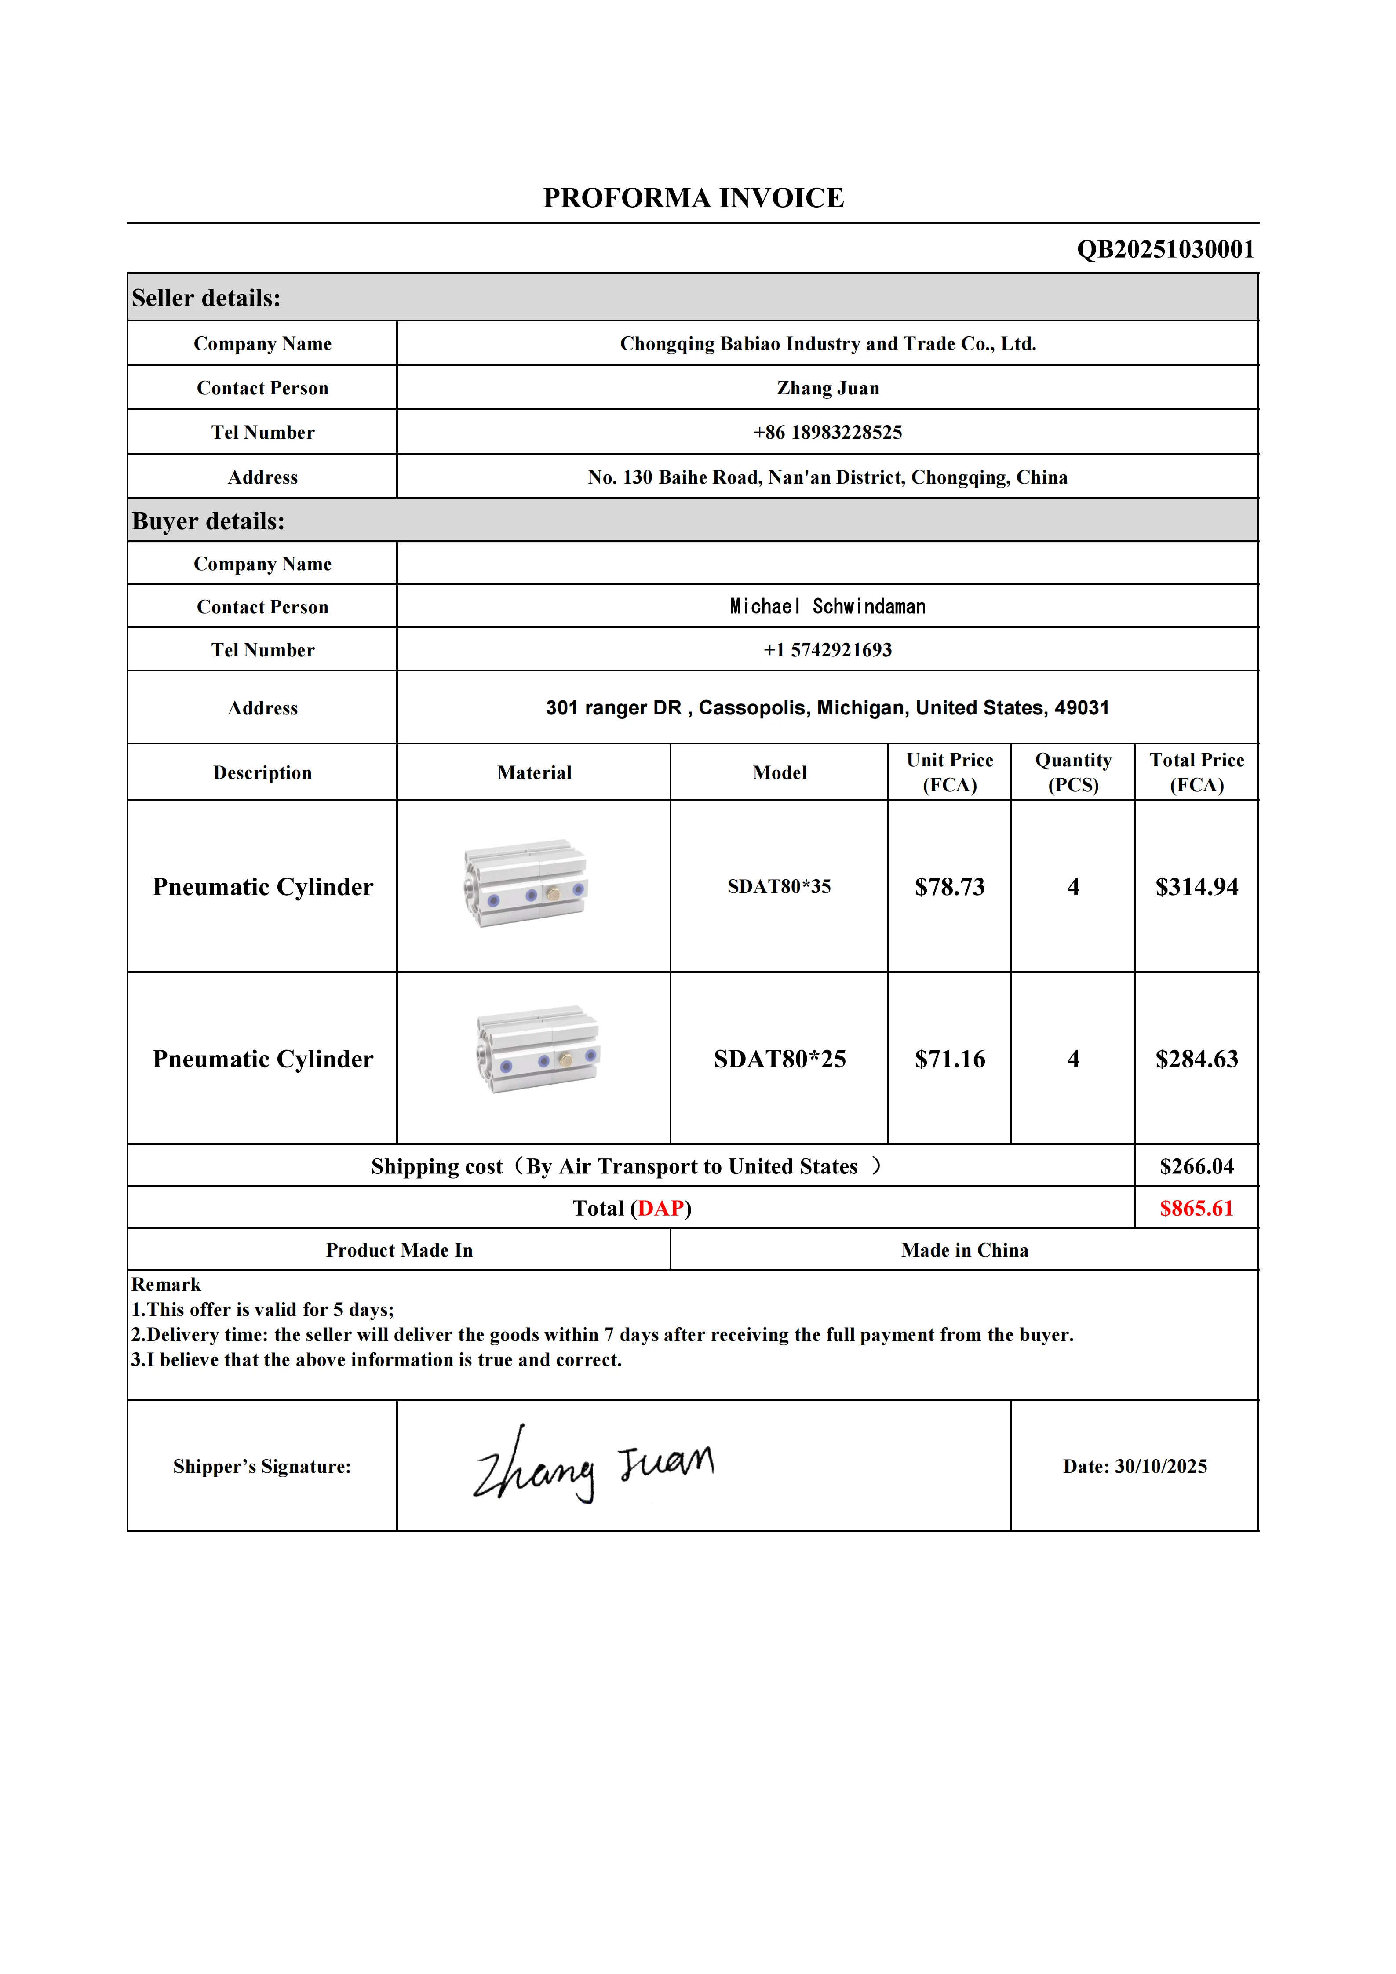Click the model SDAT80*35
pos(779,886)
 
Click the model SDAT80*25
pos(779,1059)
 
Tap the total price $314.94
pos(1196,886)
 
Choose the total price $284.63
pos(1196,1059)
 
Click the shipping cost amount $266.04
pos(1196,1167)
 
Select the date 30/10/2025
pos(1160,1467)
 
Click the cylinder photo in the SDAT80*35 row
pos(525,884)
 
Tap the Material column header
pos(534,773)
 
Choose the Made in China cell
pos(965,1250)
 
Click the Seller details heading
pos(206,299)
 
